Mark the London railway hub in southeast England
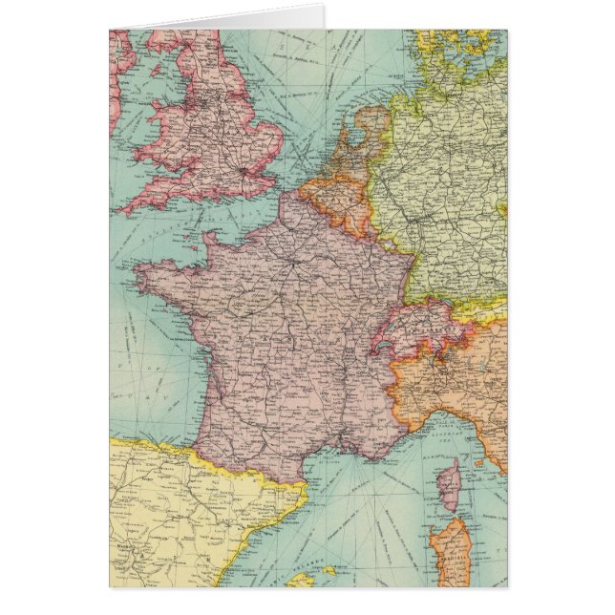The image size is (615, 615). click(247, 170)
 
